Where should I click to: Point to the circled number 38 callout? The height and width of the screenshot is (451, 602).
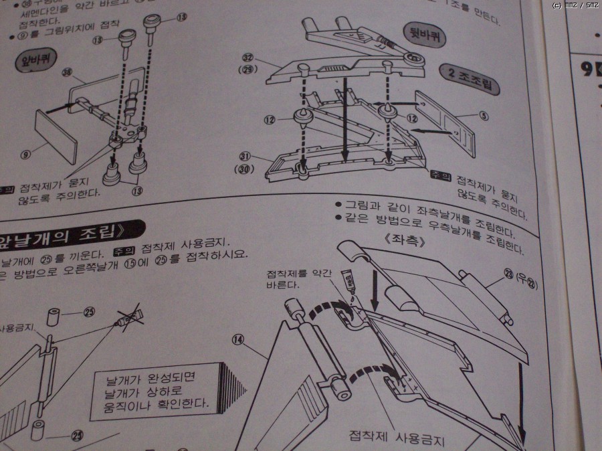coord(66,73)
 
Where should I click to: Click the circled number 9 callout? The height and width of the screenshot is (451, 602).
coord(25,155)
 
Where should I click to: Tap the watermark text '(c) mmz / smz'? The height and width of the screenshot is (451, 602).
coord(575,5)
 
